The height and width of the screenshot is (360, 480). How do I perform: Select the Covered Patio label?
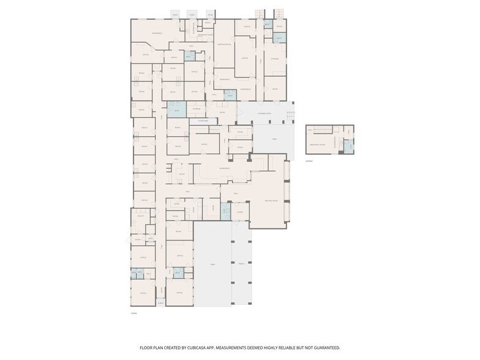pos(264,113)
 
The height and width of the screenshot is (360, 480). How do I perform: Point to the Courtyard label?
pos(202,121)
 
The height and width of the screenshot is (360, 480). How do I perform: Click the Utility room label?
pos(140,216)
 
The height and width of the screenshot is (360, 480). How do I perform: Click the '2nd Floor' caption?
pos(309,161)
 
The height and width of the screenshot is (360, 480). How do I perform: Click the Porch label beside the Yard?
pos(241,264)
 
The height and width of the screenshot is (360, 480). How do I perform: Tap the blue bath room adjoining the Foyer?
pos(225,210)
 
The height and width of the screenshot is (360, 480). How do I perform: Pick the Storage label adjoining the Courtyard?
pos(196,108)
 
